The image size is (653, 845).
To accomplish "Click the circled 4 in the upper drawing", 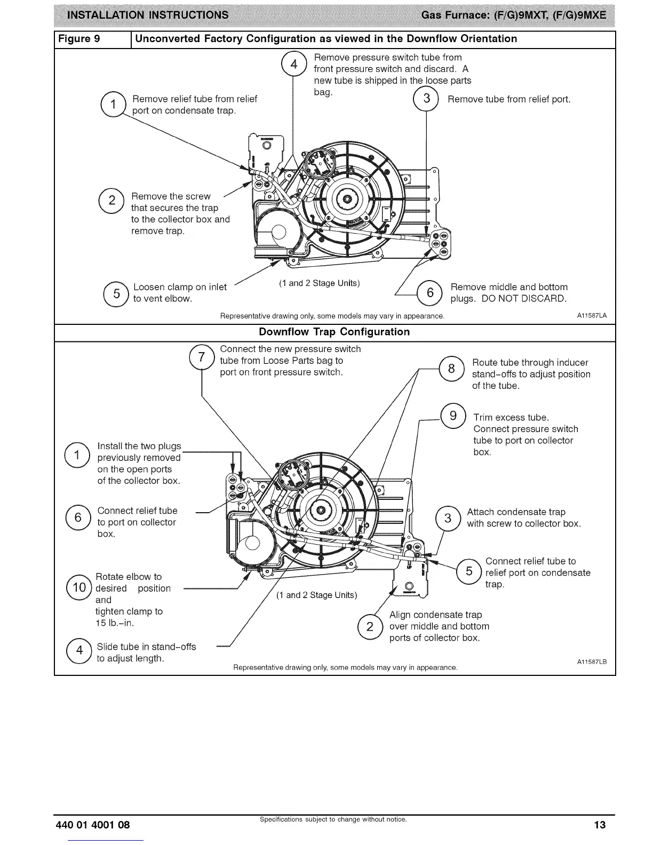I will (x=293, y=64).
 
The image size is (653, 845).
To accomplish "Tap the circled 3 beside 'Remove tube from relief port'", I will (x=426, y=99).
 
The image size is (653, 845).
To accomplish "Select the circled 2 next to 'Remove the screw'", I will (x=112, y=201).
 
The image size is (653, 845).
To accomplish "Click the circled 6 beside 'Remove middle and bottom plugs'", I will (x=430, y=292).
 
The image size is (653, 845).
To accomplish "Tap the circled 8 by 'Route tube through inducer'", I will (x=451, y=368).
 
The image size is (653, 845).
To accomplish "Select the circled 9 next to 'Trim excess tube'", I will (x=453, y=416).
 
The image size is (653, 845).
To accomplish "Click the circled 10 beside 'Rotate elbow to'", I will (x=79, y=588).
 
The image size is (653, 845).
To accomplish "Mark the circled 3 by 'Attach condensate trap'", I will (x=448, y=517).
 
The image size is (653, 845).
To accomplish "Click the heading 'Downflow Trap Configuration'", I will (x=334, y=332).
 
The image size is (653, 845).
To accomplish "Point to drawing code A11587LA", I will (x=592, y=316).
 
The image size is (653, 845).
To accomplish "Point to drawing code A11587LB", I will (x=592, y=662).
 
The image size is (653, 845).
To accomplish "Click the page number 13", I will (x=600, y=825).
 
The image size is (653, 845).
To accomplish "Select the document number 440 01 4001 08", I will (x=93, y=825).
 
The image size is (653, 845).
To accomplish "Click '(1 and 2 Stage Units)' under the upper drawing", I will (x=319, y=283).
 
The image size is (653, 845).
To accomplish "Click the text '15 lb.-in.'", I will (x=114, y=623).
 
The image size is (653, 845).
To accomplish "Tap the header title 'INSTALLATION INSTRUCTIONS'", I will (x=147, y=15).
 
